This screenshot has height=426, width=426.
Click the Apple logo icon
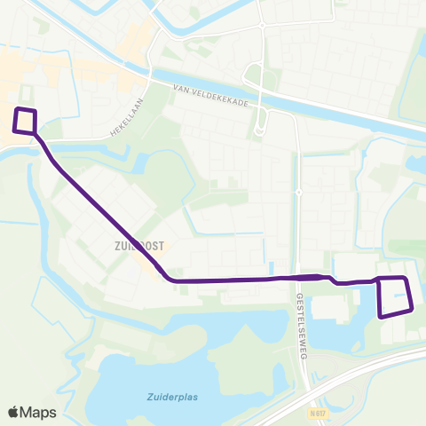coord(13,412)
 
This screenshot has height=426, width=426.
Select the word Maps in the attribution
coord(41,412)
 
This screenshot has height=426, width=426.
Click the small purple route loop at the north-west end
coord(26,121)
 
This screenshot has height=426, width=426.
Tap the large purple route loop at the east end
coord(395,296)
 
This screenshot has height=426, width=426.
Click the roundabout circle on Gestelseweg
coord(299,192)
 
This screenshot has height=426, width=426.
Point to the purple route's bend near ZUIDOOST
coord(169,279)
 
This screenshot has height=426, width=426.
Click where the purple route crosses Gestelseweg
coord(300,278)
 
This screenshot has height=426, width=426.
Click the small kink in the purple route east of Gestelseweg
coord(335,281)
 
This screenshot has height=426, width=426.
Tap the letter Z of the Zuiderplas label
coord(149,398)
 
